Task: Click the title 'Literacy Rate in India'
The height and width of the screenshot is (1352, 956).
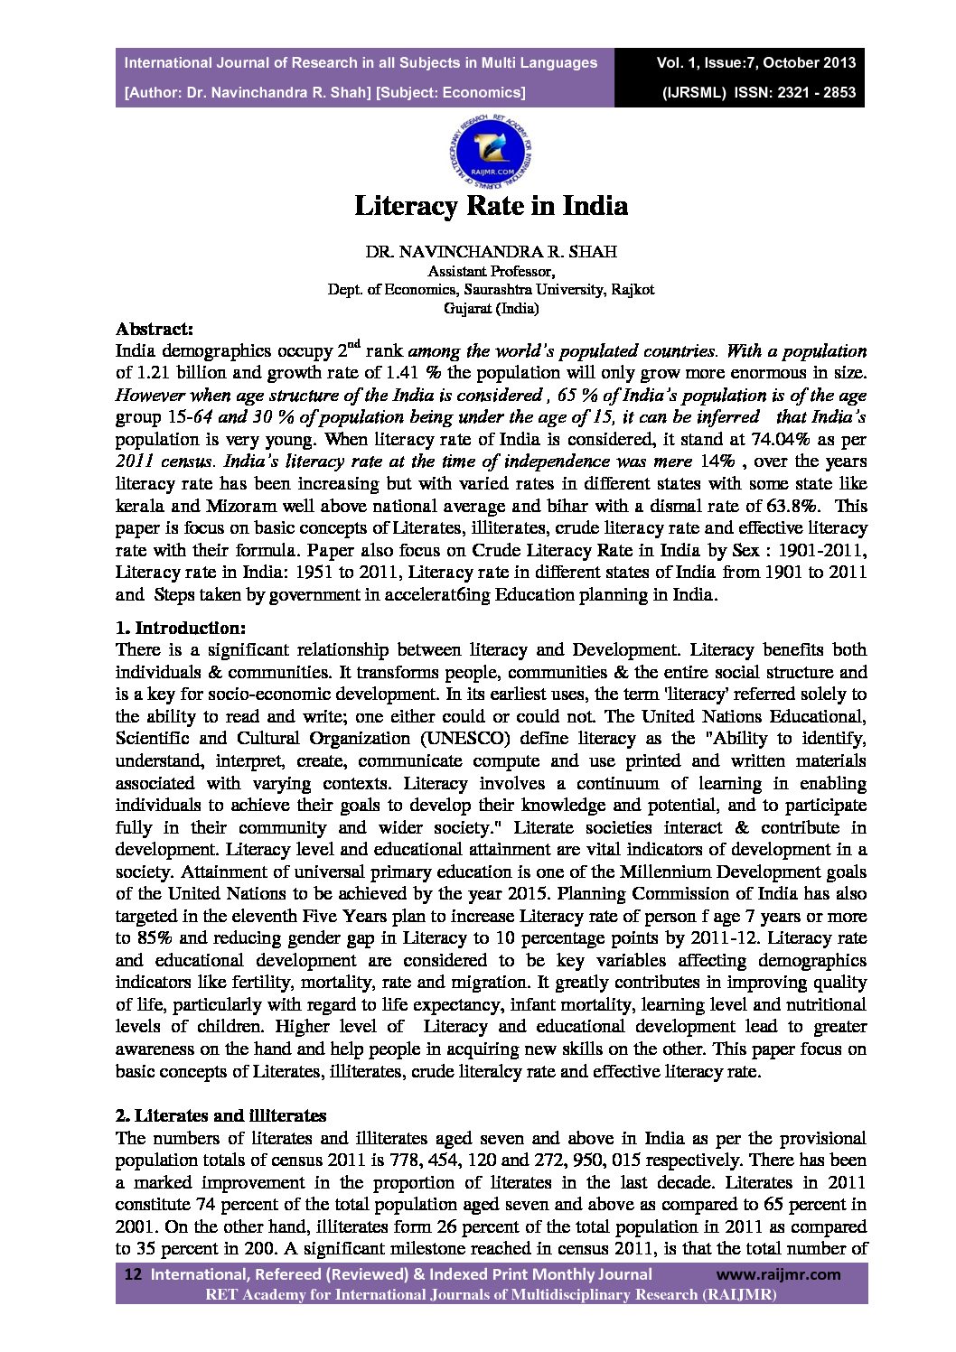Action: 491,206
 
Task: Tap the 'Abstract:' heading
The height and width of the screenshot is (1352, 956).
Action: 154,330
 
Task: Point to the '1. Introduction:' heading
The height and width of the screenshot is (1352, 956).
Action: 180,628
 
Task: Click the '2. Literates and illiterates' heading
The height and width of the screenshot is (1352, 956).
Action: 221,1116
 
